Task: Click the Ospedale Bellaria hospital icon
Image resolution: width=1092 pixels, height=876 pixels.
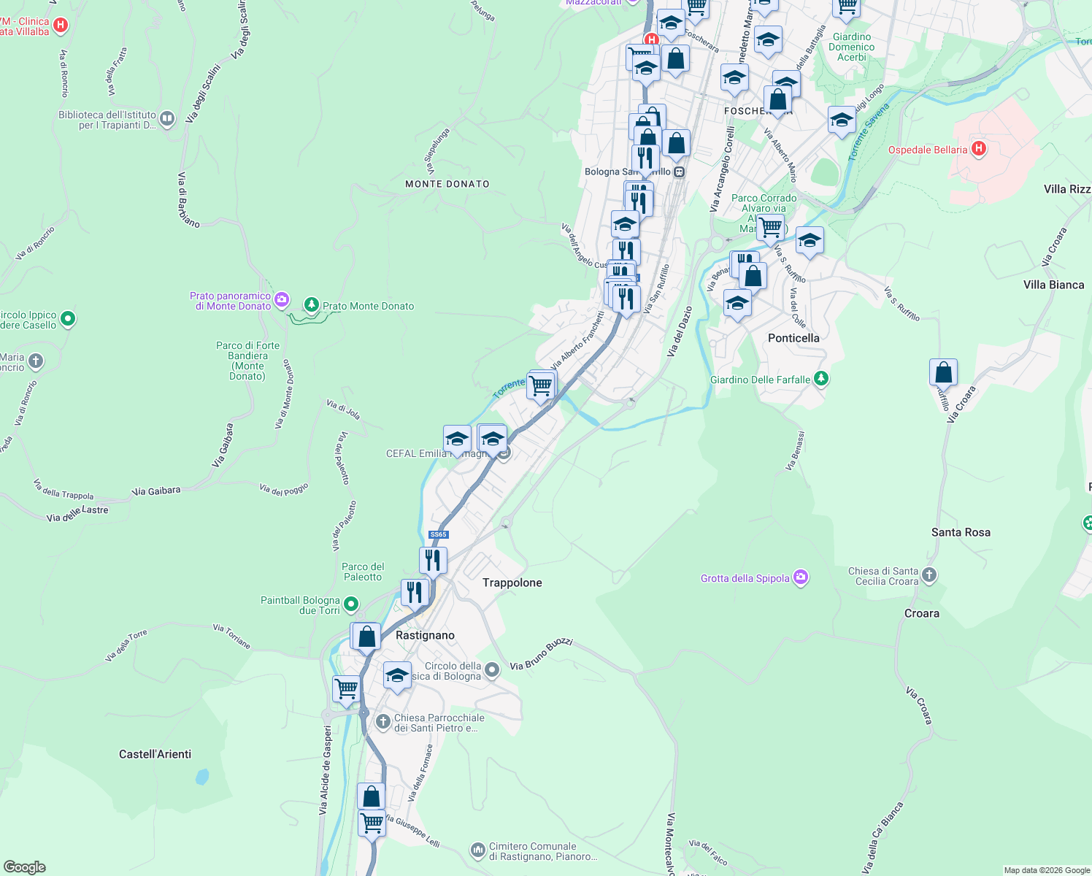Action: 979,149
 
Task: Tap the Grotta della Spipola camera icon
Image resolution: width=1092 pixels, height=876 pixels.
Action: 801,577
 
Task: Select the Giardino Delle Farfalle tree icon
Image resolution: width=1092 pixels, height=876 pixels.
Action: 821,378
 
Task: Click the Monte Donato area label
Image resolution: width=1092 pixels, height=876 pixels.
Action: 447,184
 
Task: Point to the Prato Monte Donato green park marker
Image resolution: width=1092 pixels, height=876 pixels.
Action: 312,305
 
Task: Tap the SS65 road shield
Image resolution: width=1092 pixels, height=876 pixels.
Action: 438,534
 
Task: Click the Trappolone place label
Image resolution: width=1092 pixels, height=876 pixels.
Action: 512,583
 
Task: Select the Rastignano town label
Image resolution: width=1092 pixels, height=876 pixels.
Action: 425,635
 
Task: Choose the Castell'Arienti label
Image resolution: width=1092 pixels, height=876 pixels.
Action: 155,754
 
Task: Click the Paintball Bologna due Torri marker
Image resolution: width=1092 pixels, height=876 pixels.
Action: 351,604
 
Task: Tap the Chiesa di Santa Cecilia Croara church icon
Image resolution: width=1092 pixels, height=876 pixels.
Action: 928,575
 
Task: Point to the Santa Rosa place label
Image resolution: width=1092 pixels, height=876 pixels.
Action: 961,532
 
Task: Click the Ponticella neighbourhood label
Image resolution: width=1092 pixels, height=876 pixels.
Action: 793,338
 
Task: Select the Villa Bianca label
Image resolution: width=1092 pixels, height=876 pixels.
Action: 1053,285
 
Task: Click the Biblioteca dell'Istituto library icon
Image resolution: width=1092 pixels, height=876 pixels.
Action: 167,118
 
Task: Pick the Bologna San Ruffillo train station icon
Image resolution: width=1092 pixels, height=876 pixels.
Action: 679,172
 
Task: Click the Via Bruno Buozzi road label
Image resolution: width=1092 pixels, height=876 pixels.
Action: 541,654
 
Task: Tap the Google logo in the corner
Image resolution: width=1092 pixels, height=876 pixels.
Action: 24,867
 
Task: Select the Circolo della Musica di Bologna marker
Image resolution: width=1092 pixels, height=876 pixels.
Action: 492,669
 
